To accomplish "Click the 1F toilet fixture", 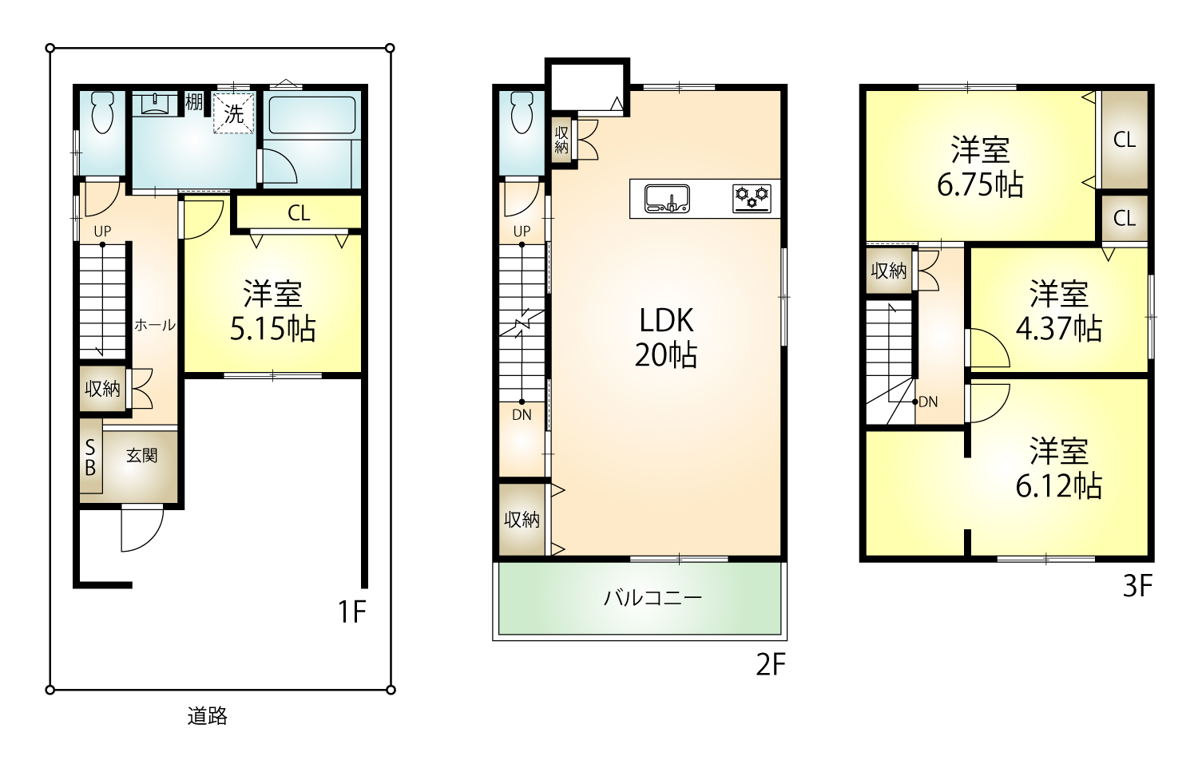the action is point(103,113).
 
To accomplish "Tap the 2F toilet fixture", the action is point(522,113).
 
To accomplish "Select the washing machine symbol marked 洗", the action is point(234,113).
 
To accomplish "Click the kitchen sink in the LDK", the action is point(667,199).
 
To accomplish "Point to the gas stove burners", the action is point(752,199).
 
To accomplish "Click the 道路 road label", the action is point(208,715).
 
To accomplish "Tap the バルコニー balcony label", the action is point(653,597).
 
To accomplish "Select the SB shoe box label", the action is point(90,457).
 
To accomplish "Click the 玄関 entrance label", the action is point(141,455).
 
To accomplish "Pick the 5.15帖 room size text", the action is point(273,329).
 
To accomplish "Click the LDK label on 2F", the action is point(666,321).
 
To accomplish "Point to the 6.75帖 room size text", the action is point(980,185).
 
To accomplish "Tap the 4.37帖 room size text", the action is point(1058,329).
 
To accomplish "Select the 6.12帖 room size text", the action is point(1058,486).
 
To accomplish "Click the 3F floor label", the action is point(1137,586).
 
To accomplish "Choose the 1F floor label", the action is point(352,612).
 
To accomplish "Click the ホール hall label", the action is point(155,325).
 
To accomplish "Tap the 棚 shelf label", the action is point(193,101).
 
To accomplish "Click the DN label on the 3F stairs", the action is point(928,402).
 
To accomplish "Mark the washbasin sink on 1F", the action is point(155,104).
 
